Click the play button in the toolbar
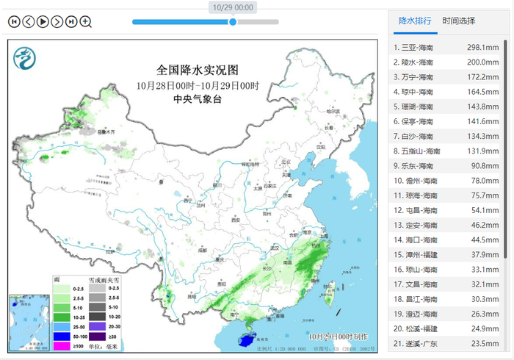tap(43, 21)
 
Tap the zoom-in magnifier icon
tap(86, 21)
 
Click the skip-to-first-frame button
tap(14, 21)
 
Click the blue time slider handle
tap(233, 21)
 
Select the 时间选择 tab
tap(459, 21)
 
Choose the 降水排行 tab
tap(415, 21)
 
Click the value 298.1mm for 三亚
tap(483, 48)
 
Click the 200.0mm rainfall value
tap(483, 62)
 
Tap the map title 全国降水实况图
tap(198, 71)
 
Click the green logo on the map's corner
tap(26, 57)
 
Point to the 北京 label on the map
tap(277, 163)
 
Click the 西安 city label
tap(236, 220)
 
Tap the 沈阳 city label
tap(320, 146)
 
